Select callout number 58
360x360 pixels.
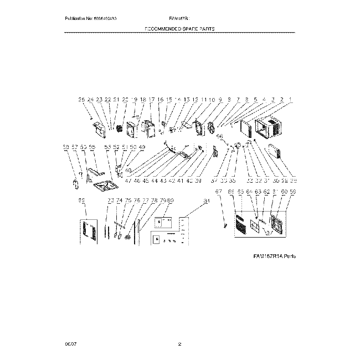click(66, 147)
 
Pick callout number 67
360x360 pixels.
click(218, 192)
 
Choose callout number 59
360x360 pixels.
click(292, 192)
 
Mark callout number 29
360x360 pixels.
click(293, 181)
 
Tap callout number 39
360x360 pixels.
click(198, 181)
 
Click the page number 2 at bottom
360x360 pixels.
click(179, 344)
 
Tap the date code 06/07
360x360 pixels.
click(69, 344)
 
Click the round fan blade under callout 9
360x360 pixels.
click(210, 129)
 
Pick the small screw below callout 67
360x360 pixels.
click(225, 225)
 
